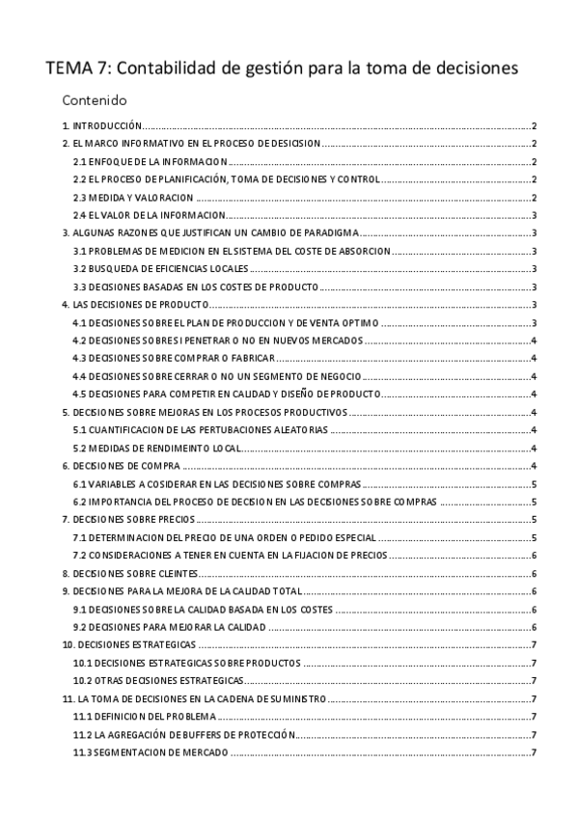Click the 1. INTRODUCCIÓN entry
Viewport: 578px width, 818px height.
pyautogui.click(x=102, y=126)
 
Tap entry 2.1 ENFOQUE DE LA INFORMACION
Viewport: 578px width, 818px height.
pyautogui.click(x=151, y=162)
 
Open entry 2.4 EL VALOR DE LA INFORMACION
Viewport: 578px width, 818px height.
pyautogui.click(x=150, y=215)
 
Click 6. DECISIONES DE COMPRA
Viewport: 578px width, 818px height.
pyautogui.click(x=118, y=466)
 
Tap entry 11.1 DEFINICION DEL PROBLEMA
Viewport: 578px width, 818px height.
pyautogui.click(x=144, y=717)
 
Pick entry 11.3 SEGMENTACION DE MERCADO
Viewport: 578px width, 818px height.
pyautogui.click(x=151, y=752)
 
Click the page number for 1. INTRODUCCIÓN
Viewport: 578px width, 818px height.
pyautogui.click(x=534, y=126)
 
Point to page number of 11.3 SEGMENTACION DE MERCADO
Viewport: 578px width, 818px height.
pyautogui.click(x=534, y=752)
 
